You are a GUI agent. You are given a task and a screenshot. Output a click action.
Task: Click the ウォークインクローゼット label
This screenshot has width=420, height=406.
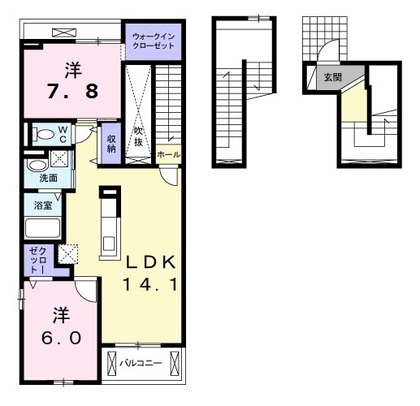point(154,41)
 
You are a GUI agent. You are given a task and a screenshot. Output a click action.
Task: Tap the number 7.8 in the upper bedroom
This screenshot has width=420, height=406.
point(72,91)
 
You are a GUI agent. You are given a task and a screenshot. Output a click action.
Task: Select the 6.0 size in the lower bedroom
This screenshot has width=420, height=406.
point(62,338)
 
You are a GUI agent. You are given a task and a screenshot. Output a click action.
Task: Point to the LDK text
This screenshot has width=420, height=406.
point(151,262)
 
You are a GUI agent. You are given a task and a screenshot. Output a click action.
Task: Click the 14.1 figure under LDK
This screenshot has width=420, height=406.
point(150,285)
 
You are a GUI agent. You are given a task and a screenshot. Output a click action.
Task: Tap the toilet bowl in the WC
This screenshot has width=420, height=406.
point(43,134)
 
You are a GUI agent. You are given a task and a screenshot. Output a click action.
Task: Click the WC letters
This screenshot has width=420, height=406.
point(63,135)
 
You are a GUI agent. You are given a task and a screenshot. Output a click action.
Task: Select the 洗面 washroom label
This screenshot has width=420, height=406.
point(49,178)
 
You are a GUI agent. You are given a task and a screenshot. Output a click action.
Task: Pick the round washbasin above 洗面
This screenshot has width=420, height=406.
point(37,165)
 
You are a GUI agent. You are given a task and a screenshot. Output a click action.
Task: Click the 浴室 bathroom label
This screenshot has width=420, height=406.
point(43,205)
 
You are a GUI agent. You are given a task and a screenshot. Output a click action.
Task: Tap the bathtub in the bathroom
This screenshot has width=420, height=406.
point(42,228)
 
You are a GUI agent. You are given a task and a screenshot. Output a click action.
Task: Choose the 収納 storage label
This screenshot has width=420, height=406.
point(111,144)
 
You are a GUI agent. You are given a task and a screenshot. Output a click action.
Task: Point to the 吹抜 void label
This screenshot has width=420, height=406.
point(138,136)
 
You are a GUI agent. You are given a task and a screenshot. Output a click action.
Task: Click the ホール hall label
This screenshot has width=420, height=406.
point(168,155)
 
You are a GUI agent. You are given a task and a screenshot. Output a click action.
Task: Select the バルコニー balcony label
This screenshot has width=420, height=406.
point(141,363)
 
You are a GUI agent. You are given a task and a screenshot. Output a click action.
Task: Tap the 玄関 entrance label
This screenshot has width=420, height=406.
point(333,77)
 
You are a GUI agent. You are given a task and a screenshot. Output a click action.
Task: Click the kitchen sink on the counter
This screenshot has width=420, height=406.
point(110,244)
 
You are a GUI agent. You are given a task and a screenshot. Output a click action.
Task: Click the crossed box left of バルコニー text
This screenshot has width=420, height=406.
point(111,364)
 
